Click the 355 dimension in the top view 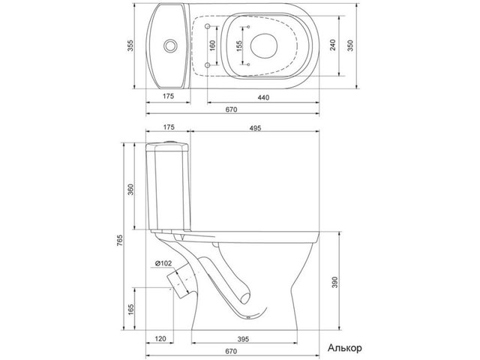pos(131,46)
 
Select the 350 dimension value pos(351,46)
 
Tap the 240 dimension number pos(333,45)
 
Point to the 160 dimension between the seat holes pos(213,45)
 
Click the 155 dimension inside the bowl pos(239,46)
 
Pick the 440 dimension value pos(263,97)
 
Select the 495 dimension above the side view pos(255,128)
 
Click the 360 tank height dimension pos(130,190)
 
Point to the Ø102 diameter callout pos(163,263)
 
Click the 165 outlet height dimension pos(131,310)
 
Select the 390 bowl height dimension pos(335,282)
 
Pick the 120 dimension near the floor pos(160,338)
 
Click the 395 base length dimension pos(243,339)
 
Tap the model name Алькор pos(345,348)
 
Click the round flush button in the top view pos(170,46)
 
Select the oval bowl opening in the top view pos(264,46)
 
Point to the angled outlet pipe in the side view pos(179,282)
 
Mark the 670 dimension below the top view pos(231,109)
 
